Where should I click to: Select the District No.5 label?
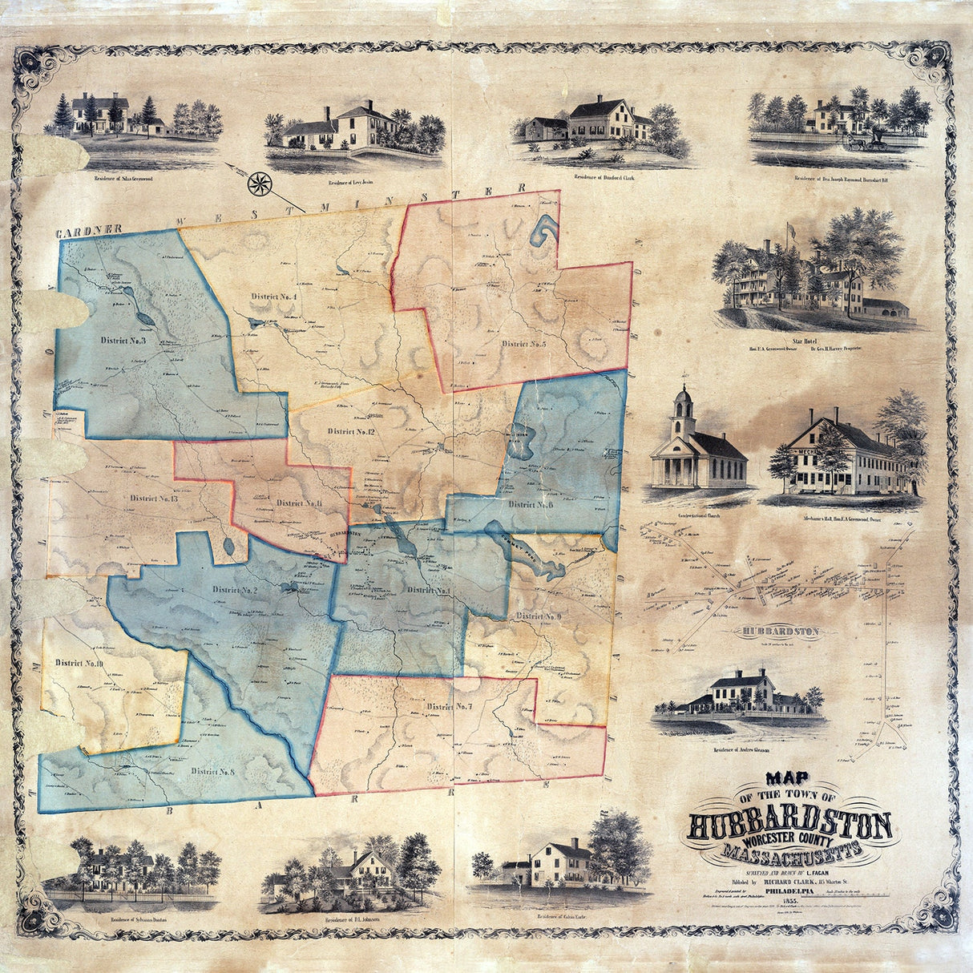(524, 344)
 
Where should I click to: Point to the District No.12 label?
(352, 432)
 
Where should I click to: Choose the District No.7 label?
(450, 707)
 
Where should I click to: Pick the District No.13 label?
(152, 499)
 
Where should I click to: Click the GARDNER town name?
(88, 232)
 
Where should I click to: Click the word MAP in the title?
(790, 777)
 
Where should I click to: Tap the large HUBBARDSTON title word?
(789, 826)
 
